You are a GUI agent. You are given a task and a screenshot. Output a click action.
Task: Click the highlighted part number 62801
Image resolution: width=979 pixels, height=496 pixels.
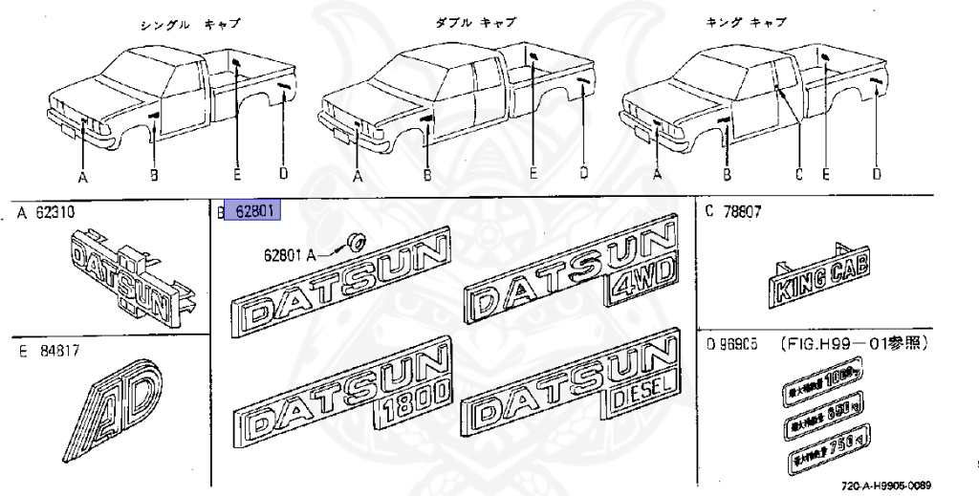(x=250, y=210)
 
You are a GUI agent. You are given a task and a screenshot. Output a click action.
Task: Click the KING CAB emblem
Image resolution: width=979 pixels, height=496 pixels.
(x=821, y=279)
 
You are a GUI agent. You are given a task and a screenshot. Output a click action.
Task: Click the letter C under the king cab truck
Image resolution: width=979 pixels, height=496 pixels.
(x=796, y=174)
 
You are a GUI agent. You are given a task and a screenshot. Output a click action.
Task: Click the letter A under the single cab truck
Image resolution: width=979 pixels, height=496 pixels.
(x=83, y=176)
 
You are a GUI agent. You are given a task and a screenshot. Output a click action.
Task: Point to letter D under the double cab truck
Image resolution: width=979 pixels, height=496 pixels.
(x=583, y=174)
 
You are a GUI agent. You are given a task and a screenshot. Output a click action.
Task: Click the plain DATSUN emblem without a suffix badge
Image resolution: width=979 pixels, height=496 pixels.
(x=340, y=286)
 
